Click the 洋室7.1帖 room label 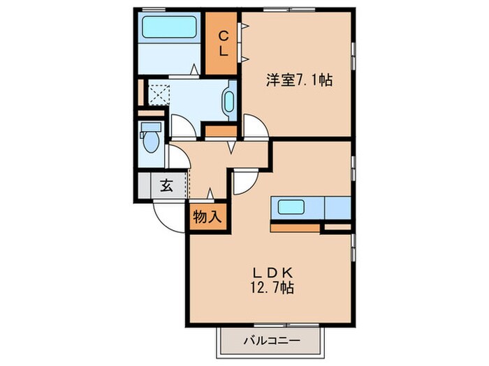tap(298, 81)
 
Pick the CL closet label tap(224, 43)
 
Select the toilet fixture tap(151, 137)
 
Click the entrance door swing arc tap(166, 215)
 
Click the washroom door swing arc tap(183, 125)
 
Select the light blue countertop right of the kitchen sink tap(337, 208)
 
